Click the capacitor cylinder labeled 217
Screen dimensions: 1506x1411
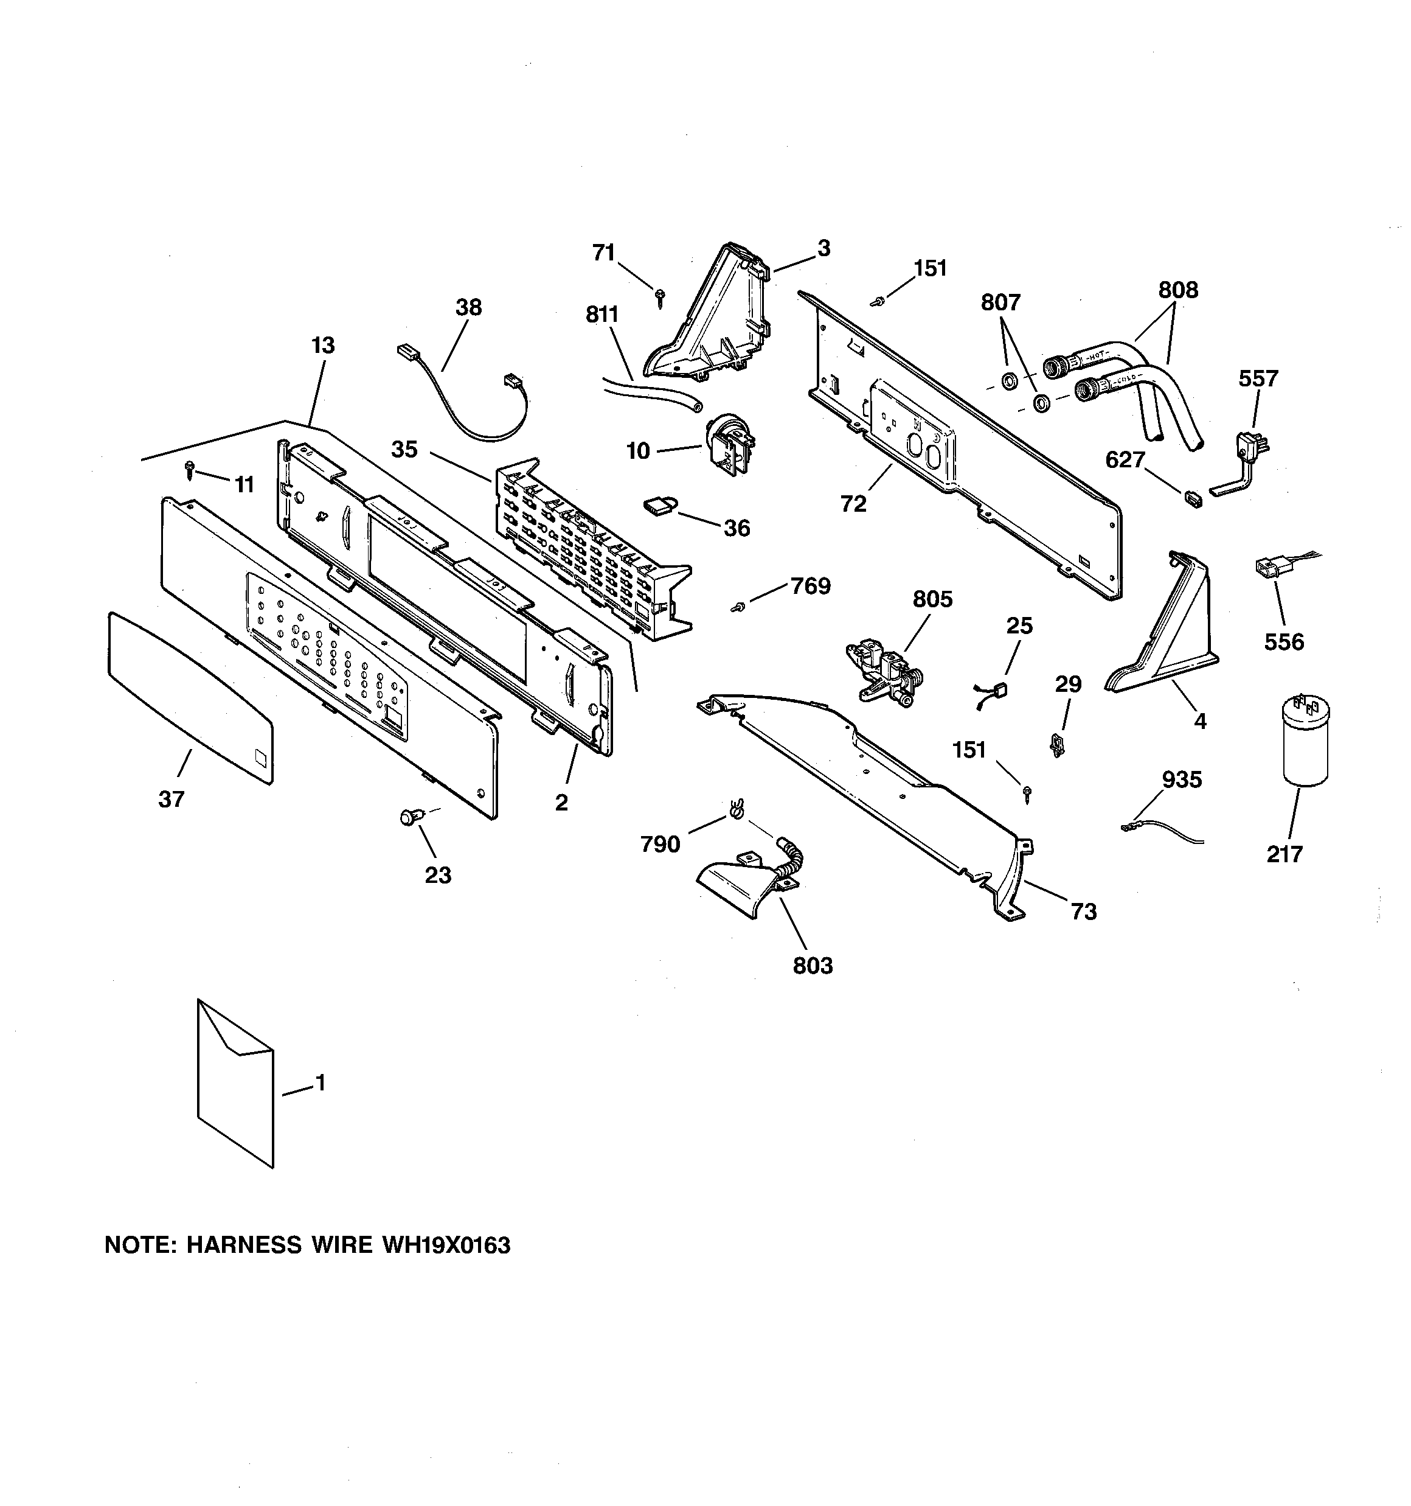[1304, 742]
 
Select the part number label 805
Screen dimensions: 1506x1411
[932, 599]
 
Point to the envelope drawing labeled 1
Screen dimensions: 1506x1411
[235, 1083]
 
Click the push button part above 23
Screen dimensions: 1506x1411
[411, 817]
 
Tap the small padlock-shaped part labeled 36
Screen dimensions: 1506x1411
[656, 505]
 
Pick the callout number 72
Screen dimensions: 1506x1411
[853, 504]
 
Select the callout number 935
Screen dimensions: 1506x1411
[1182, 779]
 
